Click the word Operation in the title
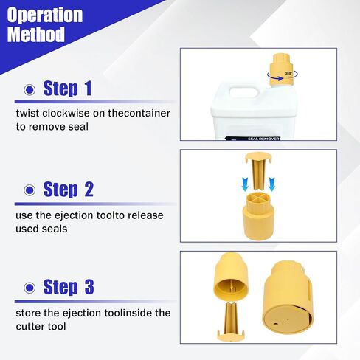(x=45, y=15)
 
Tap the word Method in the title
(x=36, y=34)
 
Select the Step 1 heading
(x=67, y=89)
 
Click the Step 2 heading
(x=69, y=190)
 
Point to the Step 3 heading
(x=69, y=287)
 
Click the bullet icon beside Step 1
(x=30, y=90)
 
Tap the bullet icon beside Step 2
(x=30, y=190)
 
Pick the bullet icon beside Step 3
(x=30, y=288)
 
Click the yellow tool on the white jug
(x=281, y=70)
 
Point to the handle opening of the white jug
(x=243, y=92)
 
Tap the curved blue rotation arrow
(x=283, y=76)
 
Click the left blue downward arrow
(x=245, y=184)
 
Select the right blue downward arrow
(x=271, y=184)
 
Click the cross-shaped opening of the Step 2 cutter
(x=258, y=198)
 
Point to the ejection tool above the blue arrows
(x=258, y=171)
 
